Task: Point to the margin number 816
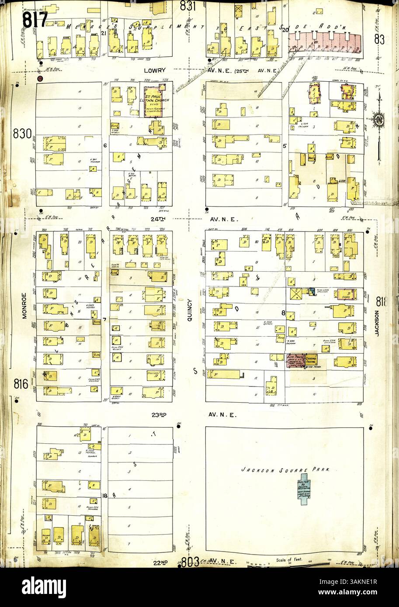(x=21, y=385)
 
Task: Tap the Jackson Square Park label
(x=285, y=470)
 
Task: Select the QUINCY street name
(x=190, y=310)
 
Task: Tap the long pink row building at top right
(x=326, y=43)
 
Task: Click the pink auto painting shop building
(x=296, y=360)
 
